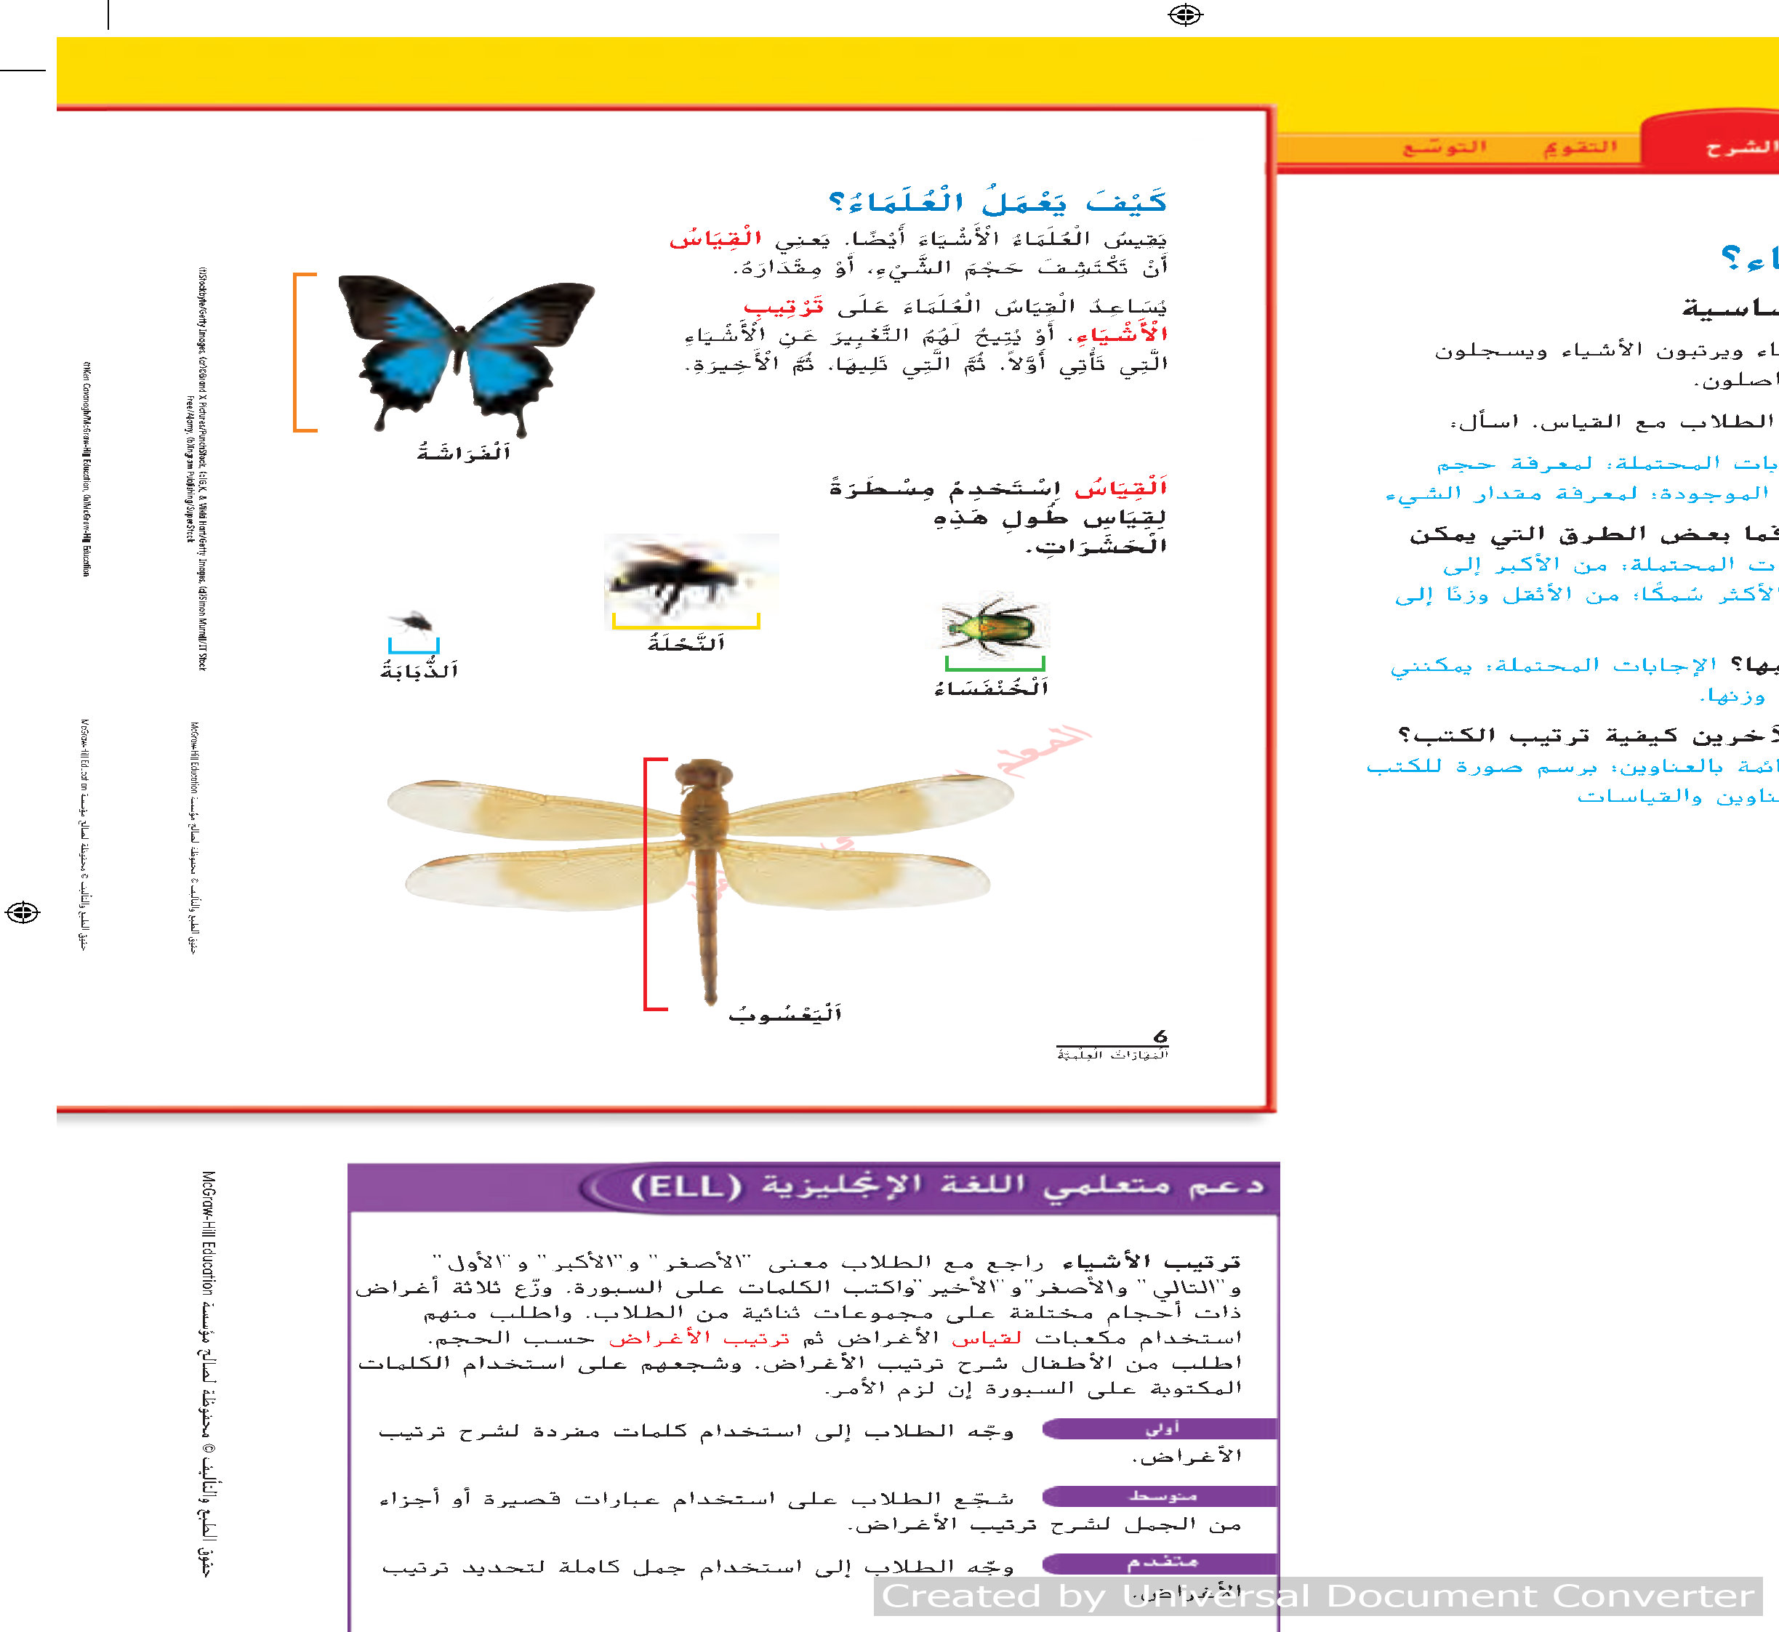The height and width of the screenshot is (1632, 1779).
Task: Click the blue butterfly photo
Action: click(465, 353)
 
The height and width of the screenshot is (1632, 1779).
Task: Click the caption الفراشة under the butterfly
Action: click(464, 453)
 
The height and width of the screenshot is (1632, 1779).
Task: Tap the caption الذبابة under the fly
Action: click(419, 671)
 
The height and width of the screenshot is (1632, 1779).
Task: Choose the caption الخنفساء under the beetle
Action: click(991, 688)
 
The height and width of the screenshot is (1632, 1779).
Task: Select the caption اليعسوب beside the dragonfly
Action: click(785, 1014)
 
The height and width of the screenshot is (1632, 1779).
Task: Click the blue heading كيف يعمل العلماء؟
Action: click(998, 202)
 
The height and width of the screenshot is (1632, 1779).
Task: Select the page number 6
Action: click(1160, 1036)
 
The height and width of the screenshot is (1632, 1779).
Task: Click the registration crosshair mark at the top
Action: click(1186, 15)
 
